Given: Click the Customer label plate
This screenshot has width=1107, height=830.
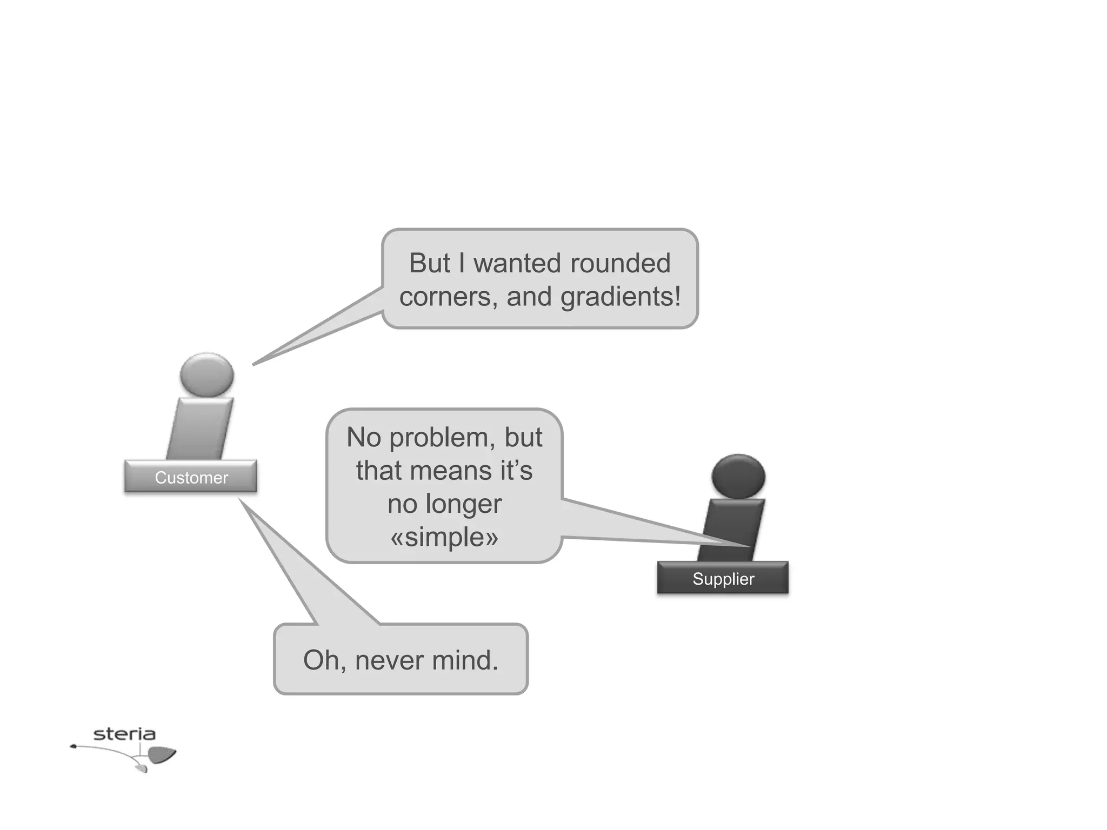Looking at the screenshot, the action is (x=191, y=477).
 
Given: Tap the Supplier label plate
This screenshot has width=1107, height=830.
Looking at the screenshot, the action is (x=723, y=578).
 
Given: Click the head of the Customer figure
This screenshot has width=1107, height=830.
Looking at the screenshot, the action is (x=206, y=374).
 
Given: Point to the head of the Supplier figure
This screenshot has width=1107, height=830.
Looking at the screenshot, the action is (x=738, y=476).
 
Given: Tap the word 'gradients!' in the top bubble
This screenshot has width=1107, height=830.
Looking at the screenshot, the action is (x=621, y=297).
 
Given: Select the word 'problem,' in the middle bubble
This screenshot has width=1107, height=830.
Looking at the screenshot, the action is (x=442, y=437).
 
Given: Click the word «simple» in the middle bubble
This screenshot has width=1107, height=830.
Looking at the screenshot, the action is (x=444, y=537).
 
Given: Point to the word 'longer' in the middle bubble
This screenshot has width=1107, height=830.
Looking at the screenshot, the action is (x=464, y=504).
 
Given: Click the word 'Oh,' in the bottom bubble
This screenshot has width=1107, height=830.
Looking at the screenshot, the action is (x=324, y=660).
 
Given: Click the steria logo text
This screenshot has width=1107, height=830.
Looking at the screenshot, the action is (x=124, y=734).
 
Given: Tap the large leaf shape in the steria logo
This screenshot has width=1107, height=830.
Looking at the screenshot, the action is (x=162, y=754).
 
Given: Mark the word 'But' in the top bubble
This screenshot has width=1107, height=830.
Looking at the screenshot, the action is (x=429, y=263).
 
